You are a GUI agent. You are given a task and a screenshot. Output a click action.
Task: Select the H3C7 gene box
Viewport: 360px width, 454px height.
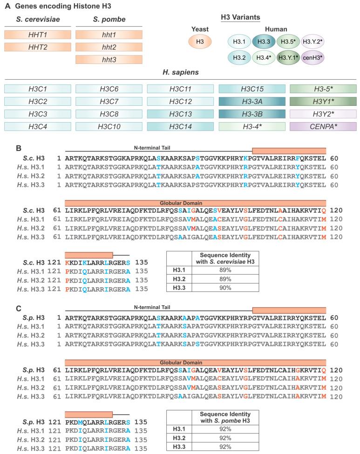(x=109, y=101)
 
